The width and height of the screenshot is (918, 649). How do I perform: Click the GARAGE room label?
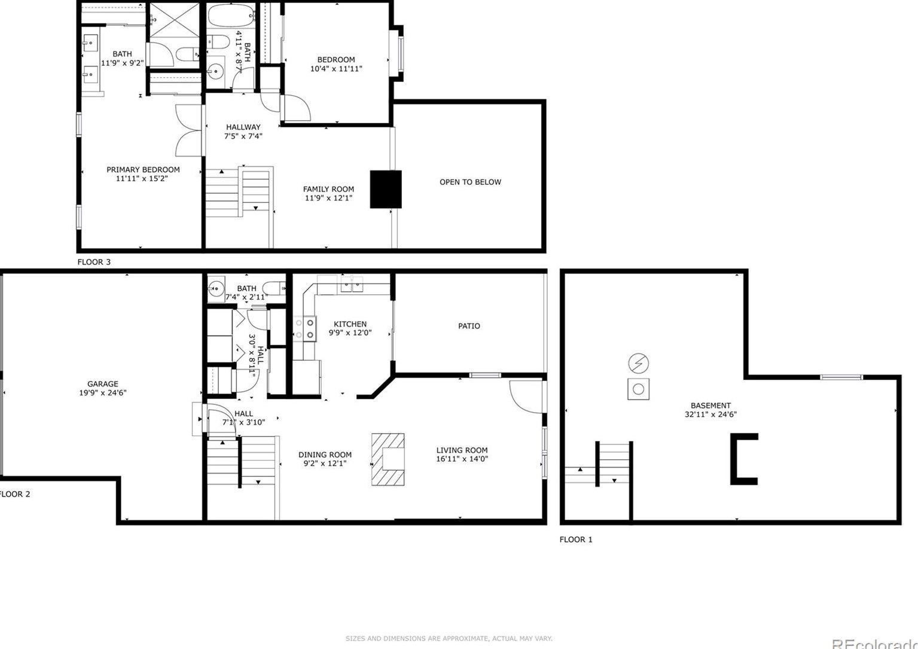click(102, 384)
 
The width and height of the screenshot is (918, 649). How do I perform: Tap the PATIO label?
click(469, 326)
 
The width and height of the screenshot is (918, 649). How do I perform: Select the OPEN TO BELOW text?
click(470, 182)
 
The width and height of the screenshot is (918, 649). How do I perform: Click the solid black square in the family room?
click(385, 189)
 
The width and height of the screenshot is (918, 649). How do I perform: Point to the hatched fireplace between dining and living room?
click(388, 459)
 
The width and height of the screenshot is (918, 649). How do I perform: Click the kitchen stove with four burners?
click(304, 328)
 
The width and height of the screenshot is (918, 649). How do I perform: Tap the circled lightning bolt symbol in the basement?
click(638, 363)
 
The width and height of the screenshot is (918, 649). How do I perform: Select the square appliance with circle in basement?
click(638, 389)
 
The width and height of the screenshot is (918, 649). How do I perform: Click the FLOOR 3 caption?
click(94, 262)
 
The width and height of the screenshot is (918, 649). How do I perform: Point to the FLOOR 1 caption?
click(576, 540)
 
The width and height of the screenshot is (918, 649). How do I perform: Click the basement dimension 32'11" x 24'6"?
click(710, 414)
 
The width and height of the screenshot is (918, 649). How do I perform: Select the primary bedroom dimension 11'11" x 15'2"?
click(142, 178)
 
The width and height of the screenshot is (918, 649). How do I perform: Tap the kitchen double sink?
click(352, 285)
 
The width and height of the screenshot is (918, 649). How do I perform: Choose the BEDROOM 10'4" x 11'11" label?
click(336, 64)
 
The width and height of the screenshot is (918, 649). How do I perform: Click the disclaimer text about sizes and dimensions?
click(449, 639)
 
